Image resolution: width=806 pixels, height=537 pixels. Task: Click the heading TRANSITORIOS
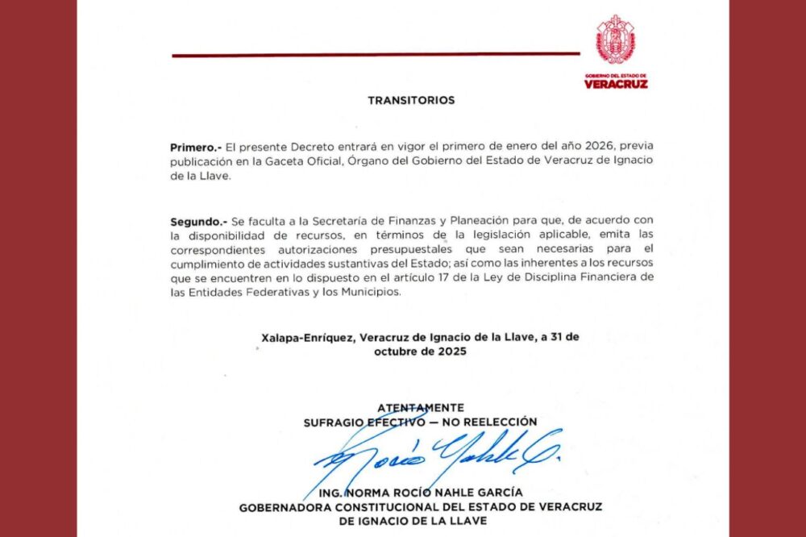tap(411, 101)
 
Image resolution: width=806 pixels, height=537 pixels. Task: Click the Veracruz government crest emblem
tap(616, 40)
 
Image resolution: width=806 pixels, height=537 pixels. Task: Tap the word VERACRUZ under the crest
tap(616, 83)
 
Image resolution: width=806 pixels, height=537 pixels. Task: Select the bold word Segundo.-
tap(198, 220)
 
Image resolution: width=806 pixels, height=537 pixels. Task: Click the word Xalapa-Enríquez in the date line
tap(305, 338)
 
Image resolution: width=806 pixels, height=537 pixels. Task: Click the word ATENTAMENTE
tap(420, 407)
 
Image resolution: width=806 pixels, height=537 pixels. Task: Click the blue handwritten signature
tap(435, 456)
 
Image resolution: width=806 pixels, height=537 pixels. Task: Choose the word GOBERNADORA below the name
tap(284, 507)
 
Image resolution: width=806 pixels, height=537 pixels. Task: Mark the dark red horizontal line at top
tap(376, 55)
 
